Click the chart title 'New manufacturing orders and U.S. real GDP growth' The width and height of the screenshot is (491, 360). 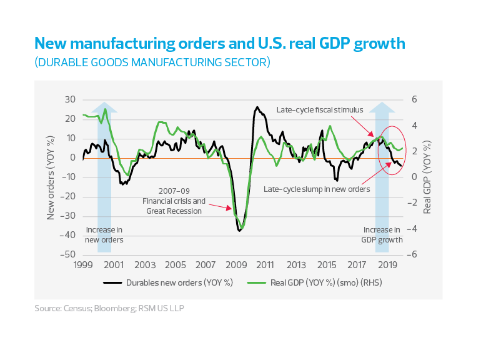pyautogui.click(x=219, y=43)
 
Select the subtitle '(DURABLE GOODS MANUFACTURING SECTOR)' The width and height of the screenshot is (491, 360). pyautogui.click(x=152, y=62)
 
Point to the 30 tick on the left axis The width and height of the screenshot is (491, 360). pyautogui.click(x=70, y=100)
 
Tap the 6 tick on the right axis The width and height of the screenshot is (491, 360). pyautogui.click(x=412, y=100)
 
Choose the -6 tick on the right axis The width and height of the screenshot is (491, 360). pyautogui.click(x=413, y=255)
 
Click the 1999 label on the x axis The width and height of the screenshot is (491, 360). pyautogui.click(x=83, y=264)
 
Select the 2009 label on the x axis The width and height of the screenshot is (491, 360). pyautogui.click(x=236, y=264)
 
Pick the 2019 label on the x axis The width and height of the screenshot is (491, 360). pyautogui.click(x=387, y=264)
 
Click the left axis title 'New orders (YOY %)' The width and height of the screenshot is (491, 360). pyautogui.click(x=52, y=177)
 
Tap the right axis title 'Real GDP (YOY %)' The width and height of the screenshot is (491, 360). pyautogui.click(x=429, y=177)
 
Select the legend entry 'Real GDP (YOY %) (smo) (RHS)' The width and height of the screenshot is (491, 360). pyautogui.click(x=315, y=282)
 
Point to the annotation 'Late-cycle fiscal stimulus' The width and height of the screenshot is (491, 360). pyautogui.click(x=319, y=110)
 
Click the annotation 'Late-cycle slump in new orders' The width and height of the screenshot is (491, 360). pyautogui.click(x=317, y=189)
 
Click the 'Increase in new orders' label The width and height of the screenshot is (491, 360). pyautogui.click(x=104, y=235)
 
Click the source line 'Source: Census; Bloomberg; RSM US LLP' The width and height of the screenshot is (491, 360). pyautogui.click(x=109, y=308)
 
